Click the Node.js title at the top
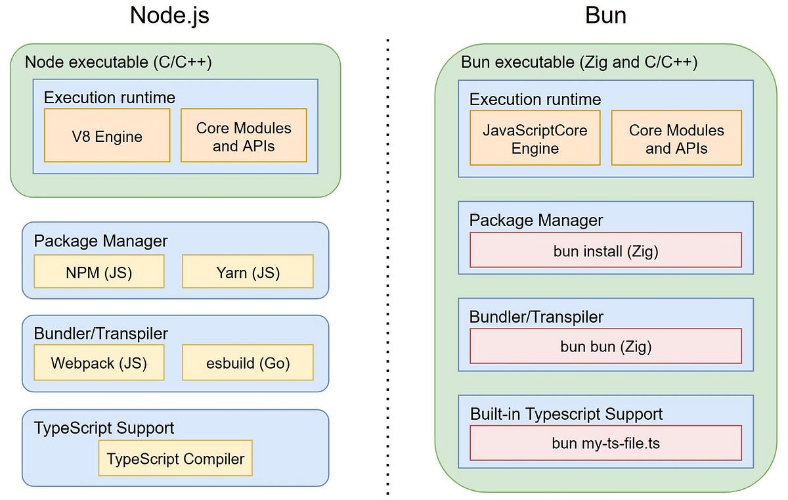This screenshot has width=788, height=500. point(169,15)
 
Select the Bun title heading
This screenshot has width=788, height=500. point(605,15)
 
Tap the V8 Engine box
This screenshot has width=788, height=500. point(107,136)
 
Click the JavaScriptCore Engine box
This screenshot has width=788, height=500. point(535,139)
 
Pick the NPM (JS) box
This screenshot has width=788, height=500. point(98,272)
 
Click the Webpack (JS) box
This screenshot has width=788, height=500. point(98,363)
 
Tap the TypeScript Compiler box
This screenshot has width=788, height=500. point(175,459)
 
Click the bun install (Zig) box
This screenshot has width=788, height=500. point(605,250)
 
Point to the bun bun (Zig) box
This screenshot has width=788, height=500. point(605,346)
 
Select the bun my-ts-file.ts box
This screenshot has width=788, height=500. point(605,443)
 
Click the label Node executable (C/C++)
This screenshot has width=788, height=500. point(118,62)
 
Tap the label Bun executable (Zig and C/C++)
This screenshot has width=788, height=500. point(579,62)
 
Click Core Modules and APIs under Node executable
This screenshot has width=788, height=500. point(244,137)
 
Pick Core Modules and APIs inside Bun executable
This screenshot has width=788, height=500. point(676,139)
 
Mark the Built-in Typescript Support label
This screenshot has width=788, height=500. point(566,414)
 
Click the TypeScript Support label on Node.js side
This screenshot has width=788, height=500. point(104,428)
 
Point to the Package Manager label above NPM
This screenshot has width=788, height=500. point(100,241)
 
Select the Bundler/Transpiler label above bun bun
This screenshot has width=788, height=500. point(536,317)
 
